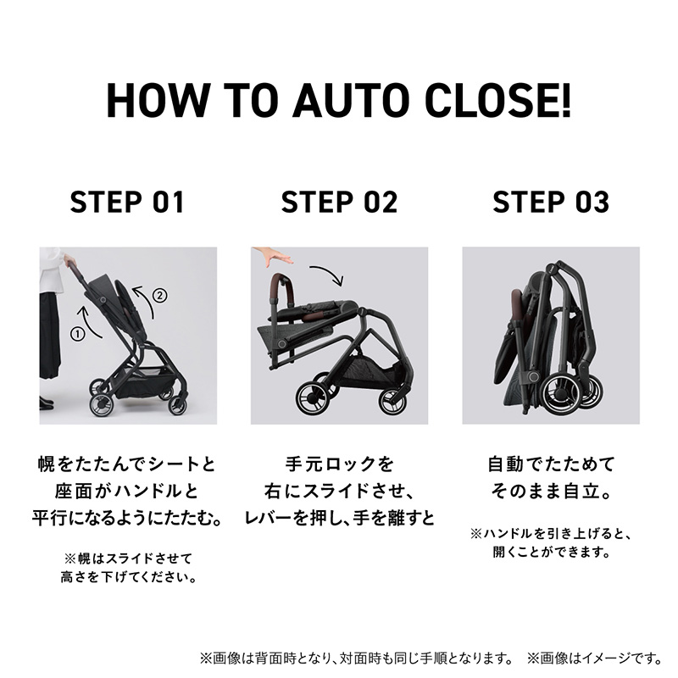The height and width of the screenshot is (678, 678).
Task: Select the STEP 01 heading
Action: click(x=127, y=203)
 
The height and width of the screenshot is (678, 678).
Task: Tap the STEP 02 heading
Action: click(x=339, y=203)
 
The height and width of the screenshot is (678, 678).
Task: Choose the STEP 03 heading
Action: click(x=551, y=203)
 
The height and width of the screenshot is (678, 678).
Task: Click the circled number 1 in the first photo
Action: click(x=79, y=333)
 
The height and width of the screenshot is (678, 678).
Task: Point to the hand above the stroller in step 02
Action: click(x=273, y=257)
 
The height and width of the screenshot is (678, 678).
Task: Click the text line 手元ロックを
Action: click(x=339, y=464)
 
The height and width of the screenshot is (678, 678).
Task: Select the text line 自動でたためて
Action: click(x=551, y=464)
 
